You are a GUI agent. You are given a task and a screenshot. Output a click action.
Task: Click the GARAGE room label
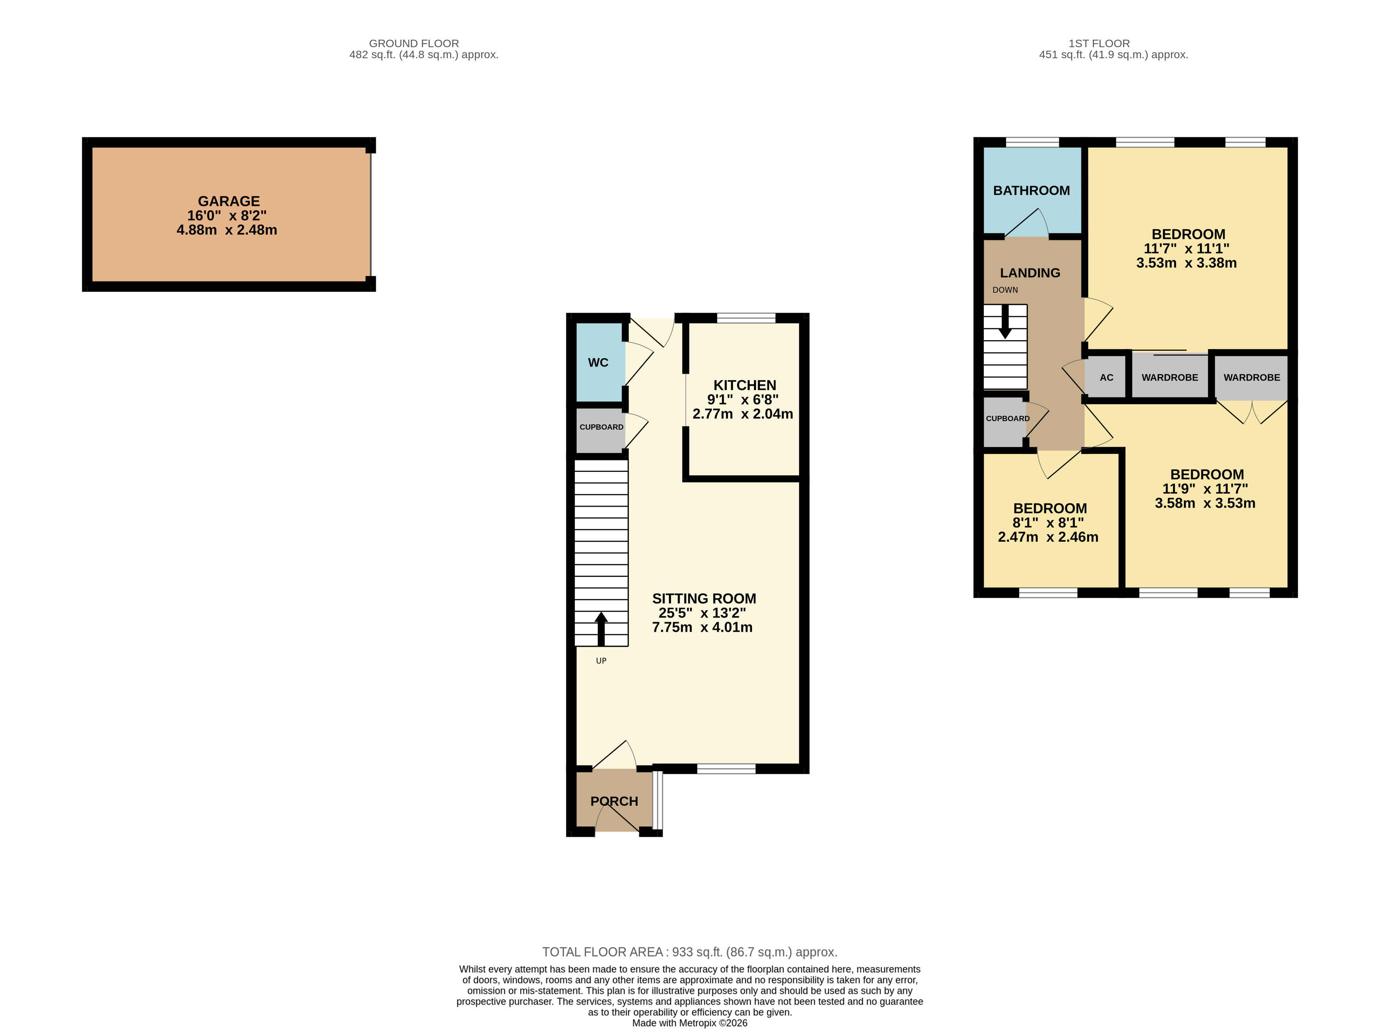(x=229, y=201)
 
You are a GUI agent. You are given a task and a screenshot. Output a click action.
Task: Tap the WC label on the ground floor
(x=598, y=363)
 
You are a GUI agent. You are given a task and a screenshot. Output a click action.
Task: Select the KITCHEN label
(x=744, y=385)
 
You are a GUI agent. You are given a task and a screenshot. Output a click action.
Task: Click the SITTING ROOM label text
(x=704, y=598)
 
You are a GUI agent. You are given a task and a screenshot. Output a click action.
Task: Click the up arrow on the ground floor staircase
(x=601, y=628)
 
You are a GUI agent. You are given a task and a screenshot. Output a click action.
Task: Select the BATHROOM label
(x=1031, y=191)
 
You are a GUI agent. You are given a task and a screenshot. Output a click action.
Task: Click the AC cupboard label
(x=1107, y=377)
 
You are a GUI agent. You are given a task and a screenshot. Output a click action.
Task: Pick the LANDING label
(x=1030, y=273)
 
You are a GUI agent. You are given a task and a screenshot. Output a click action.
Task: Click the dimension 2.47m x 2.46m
(x=1048, y=537)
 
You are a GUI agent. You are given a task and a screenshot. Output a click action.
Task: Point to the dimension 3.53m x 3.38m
(x=1186, y=263)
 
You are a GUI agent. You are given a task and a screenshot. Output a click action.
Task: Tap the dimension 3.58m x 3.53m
(x=1205, y=503)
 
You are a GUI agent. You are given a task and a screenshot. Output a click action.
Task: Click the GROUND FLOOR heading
(x=414, y=44)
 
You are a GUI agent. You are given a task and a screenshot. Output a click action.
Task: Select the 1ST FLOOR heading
(x=1099, y=44)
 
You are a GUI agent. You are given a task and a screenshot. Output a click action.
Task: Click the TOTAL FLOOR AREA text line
(x=689, y=952)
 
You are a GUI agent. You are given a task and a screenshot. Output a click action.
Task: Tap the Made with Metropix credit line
(x=689, y=1023)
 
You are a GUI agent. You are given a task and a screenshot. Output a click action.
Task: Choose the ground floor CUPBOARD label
(x=601, y=427)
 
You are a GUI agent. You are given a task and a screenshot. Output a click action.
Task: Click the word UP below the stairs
(x=601, y=661)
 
